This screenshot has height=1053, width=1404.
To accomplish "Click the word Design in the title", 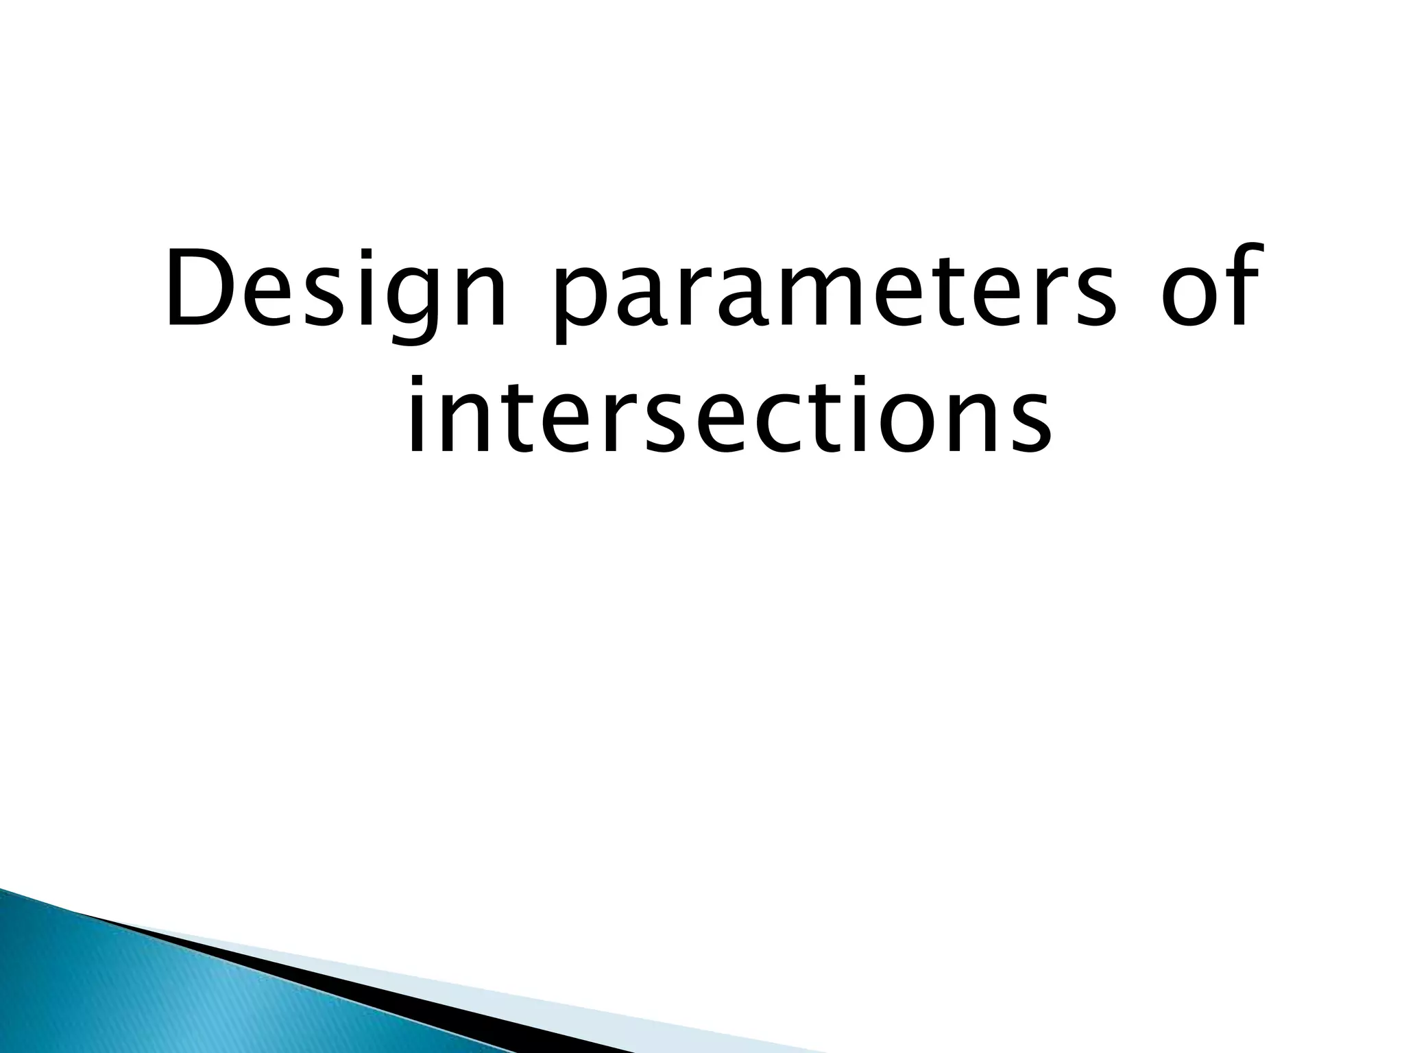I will click(336, 288).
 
